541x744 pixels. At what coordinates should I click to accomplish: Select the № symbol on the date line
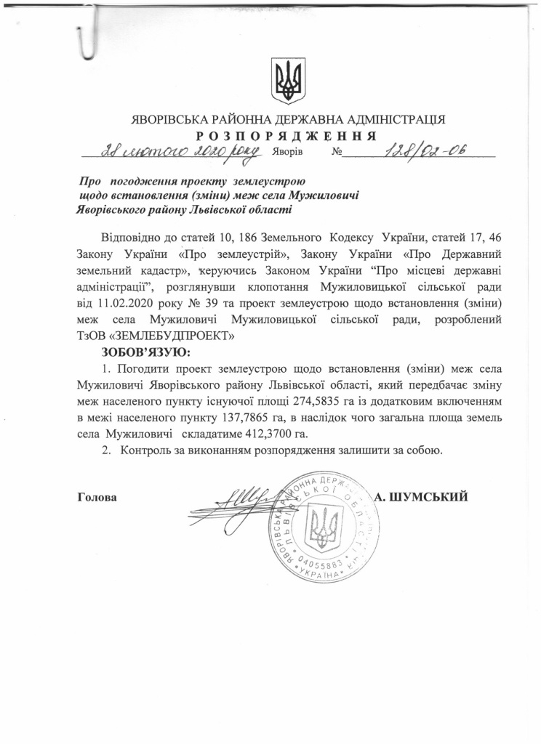click(336, 153)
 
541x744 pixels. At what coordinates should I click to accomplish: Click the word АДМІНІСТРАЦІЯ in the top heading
click(387, 120)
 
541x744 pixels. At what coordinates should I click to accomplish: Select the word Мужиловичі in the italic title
click(324, 195)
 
